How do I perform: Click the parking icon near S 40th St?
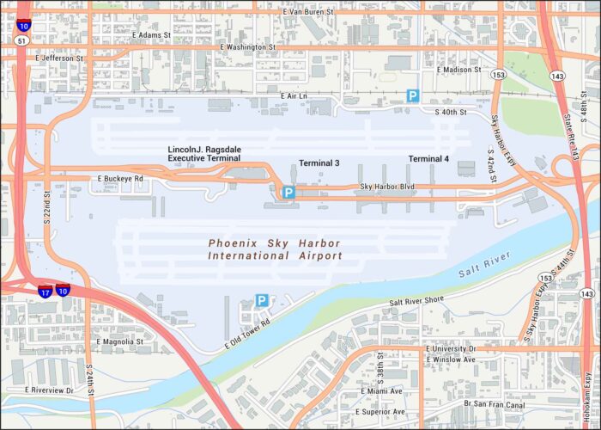(x=413, y=96)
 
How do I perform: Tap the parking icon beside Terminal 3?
(x=289, y=193)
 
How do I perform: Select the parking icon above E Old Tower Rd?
(x=262, y=300)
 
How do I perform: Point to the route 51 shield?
(x=21, y=39)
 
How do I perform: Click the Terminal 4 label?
(x=428, y=159)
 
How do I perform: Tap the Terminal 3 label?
(x=319, y=163)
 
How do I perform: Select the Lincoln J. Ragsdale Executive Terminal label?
(x=204, y=154)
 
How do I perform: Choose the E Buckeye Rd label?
(x=120, y=179)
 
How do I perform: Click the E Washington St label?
(x=247, y=46)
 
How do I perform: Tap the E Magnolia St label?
(x=120, y=341)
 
